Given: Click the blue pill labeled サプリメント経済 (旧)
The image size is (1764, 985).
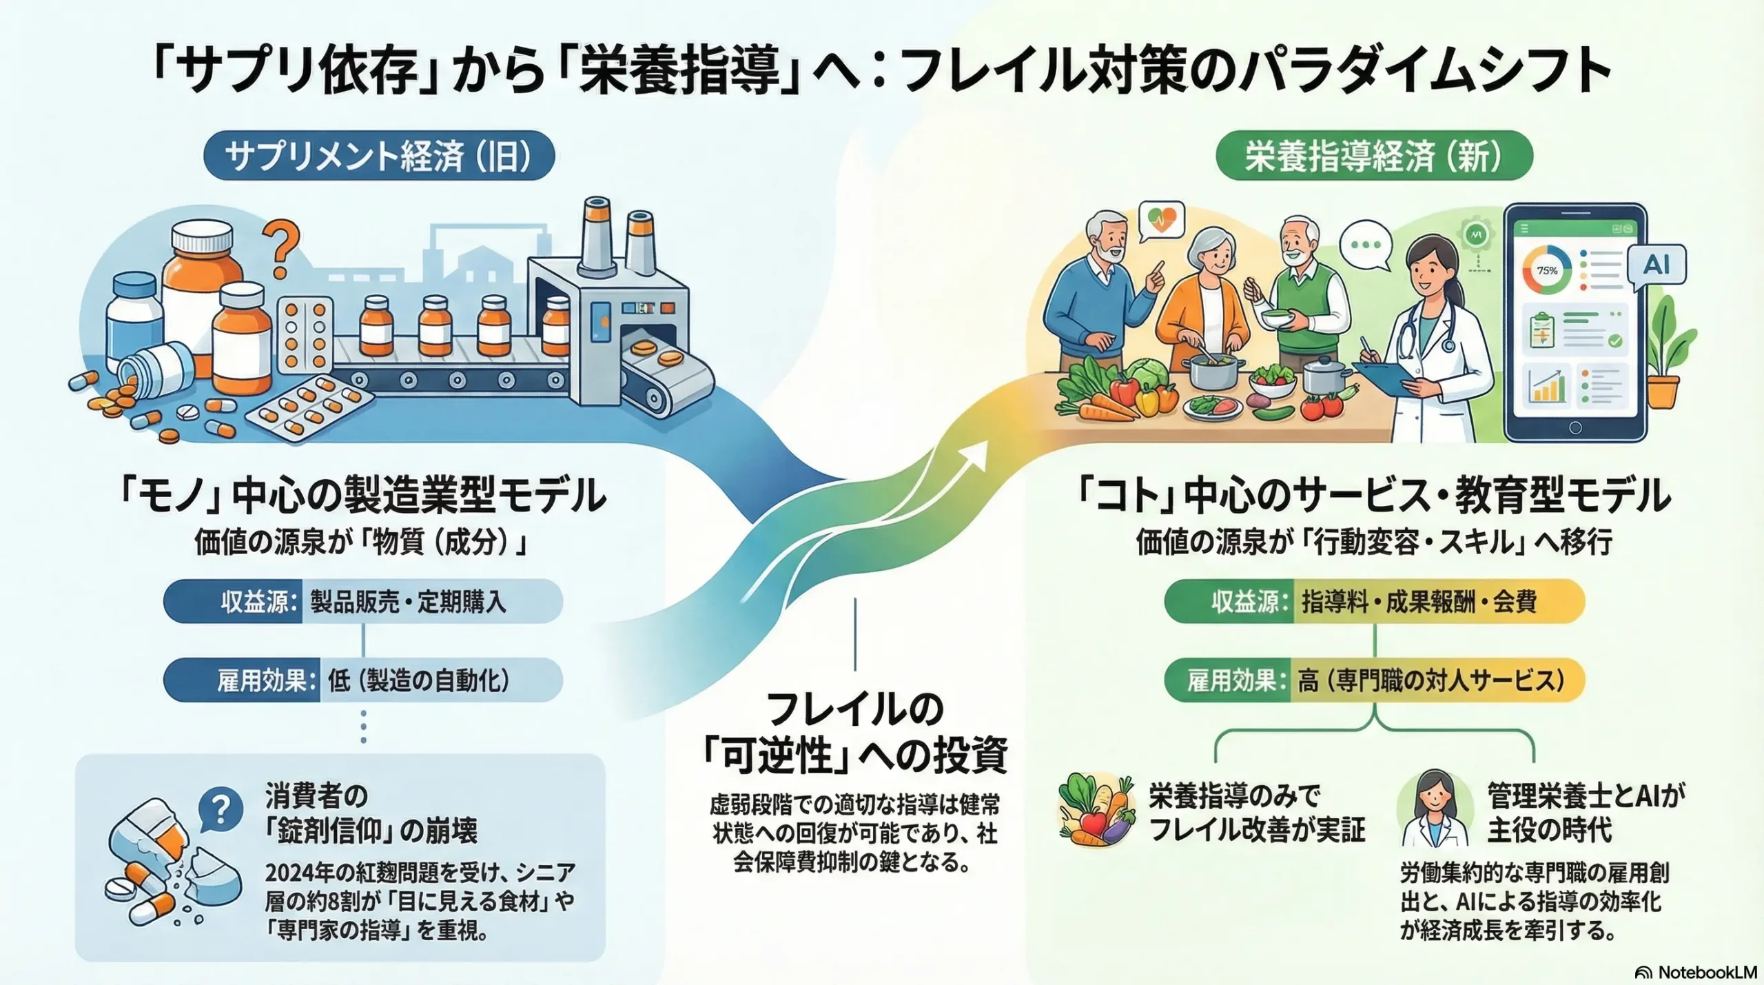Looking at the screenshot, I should tap(379, 156).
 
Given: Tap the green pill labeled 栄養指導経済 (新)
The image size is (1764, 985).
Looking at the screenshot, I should tap(1374, 156).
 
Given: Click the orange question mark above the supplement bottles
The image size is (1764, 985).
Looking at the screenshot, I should tap(281, 251).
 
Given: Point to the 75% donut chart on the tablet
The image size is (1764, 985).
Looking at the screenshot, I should tap(1547, 270).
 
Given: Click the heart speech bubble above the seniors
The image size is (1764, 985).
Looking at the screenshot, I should tap(1162, 221).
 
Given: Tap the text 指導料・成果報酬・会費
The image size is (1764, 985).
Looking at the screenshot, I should tap(1419, 602).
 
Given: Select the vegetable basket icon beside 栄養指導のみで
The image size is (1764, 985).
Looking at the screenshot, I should tap(1096, 811).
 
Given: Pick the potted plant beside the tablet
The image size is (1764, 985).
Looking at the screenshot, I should tap(1674, 358).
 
